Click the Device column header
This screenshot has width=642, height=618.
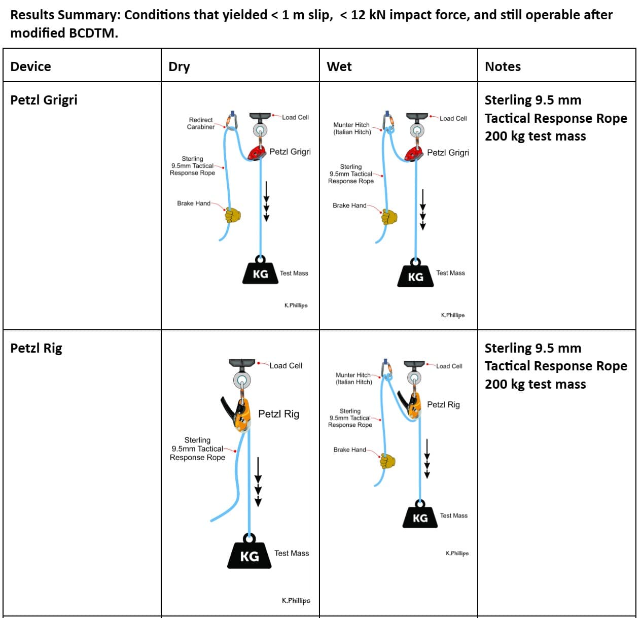tap(30, 66)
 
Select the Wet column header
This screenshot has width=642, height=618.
tap(339, 66)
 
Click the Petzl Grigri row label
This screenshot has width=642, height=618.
tap(44, 99)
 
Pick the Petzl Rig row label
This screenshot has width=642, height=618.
tap(36, 348)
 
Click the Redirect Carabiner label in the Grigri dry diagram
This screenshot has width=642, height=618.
tap(200, 123)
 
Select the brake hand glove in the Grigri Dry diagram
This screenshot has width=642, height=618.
tap(232, 215)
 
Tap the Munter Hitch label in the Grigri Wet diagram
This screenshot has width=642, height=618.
tap(351, 128)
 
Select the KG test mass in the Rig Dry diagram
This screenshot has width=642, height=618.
tap(249, 555)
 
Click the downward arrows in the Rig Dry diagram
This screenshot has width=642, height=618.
tap(258, 482)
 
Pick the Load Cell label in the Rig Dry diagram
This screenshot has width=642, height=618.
tap(286, 365)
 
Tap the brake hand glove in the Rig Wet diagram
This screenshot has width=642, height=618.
tap(388, 461)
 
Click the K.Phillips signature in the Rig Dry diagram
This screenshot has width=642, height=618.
tap(296, 600)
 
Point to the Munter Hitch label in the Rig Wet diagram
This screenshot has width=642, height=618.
tap(353, 379)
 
